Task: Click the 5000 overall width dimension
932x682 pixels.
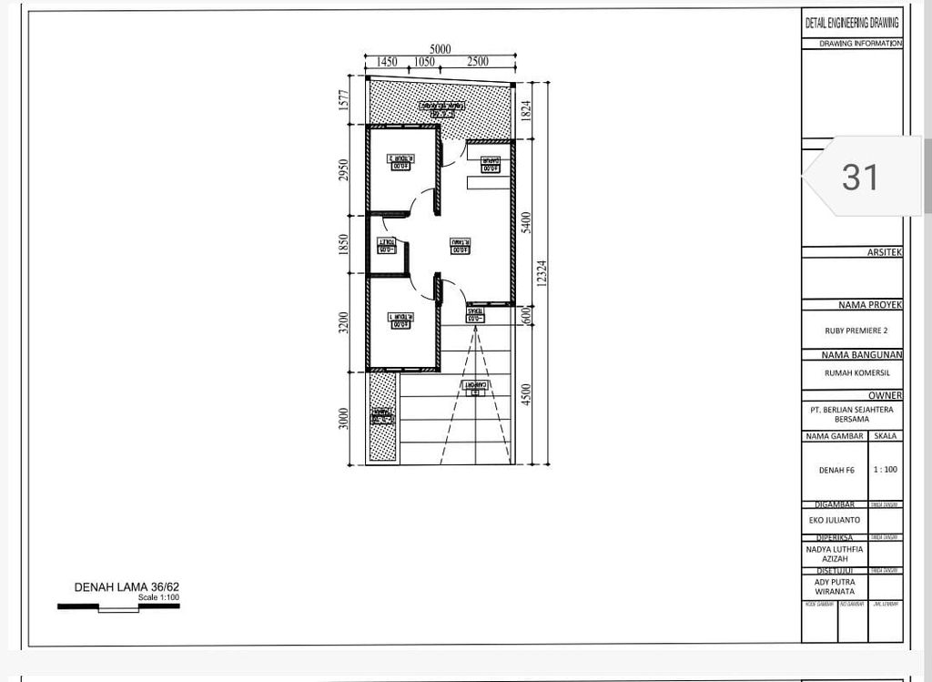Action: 441,49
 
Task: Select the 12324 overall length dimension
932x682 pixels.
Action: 542,274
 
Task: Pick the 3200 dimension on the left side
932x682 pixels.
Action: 343,323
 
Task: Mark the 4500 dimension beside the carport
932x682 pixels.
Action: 526,398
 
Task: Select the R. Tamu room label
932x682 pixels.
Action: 461,246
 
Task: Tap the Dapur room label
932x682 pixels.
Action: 490,165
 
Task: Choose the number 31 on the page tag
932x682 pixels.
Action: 860,177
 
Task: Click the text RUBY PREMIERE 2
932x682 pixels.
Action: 852,331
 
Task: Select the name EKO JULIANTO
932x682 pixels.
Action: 835,520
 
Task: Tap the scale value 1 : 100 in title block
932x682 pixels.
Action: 885,470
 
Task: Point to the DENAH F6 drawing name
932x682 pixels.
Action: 835,470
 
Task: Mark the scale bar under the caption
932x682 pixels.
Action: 118,606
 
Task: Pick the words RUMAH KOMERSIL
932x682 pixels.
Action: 852,372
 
